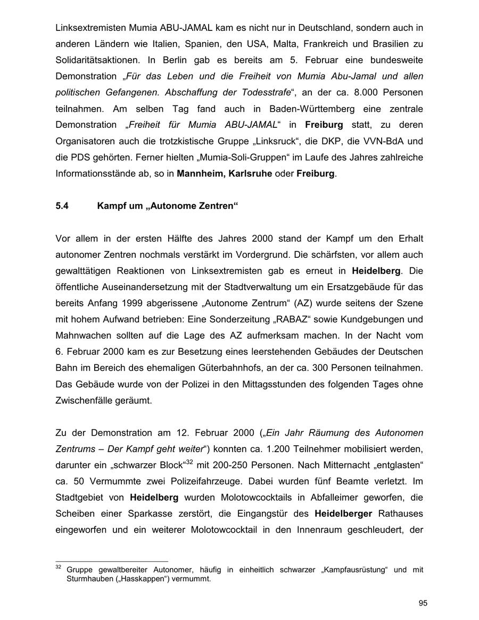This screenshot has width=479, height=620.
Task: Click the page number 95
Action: (x=423, y=603)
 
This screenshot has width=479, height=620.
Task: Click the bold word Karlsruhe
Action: (x=250, y=174)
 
